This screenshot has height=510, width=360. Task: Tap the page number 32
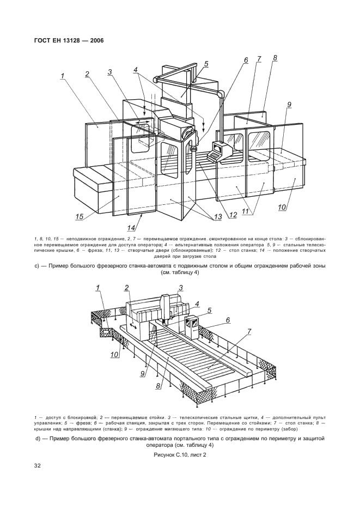tap(38, 465)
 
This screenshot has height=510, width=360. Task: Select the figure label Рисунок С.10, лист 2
tap(179, 454)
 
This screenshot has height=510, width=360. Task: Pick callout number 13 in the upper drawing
tap(218, 217)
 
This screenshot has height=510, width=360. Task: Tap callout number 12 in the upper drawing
tap(233, 214)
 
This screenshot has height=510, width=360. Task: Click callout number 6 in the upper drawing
tap(246, 60)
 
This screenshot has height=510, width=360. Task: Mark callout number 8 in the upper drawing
tap(275, 58)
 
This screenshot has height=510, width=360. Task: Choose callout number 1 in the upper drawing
tap(63, 76)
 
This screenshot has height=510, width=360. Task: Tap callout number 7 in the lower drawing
tap(249, 331)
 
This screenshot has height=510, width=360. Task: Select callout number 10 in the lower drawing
tap(114, 355)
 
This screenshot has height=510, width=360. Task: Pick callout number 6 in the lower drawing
tap(228, 320)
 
